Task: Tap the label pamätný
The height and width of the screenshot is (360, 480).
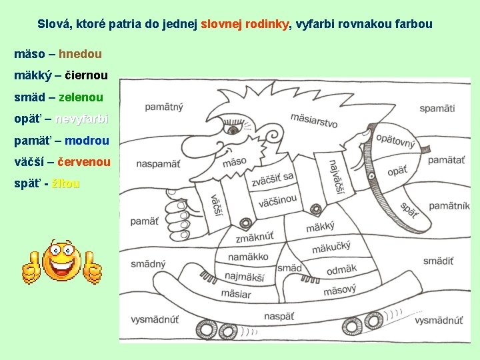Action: coord(165,107)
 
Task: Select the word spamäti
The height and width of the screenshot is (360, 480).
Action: coord(437,108)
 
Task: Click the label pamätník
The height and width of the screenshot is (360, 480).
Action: coord(449,206)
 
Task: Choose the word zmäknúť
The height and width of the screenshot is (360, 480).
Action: coord(255,237)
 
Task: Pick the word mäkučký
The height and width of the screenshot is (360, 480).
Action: coord(331,249)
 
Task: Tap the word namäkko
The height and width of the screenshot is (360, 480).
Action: coord(248,257)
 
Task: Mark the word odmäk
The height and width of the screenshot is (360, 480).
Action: coord(341,269)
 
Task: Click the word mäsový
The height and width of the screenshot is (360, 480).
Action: coord(339,291)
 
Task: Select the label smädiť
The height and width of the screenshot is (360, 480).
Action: coord(438,261)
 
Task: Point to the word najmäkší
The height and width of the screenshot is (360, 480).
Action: coord(244,276)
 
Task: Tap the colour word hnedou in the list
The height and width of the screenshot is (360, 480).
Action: coord(80,53)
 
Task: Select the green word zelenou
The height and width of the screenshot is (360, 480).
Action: coord(81,97)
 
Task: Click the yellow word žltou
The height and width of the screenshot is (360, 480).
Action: coord(65,183)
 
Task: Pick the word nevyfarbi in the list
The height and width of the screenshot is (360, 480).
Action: coord(81,119)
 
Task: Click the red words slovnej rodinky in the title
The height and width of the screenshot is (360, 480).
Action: coord(245,24)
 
